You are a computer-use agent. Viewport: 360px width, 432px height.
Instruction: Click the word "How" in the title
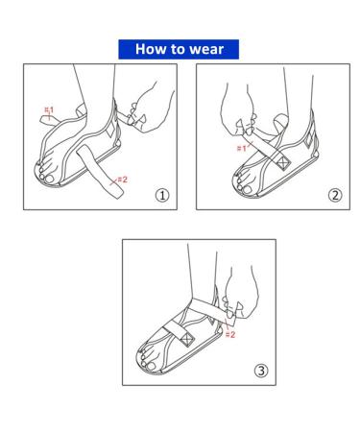[x=152, y=49]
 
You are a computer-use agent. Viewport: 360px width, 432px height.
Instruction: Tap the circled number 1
[x=162, y=195]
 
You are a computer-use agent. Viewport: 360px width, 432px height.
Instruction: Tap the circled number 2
[x=335, y=195]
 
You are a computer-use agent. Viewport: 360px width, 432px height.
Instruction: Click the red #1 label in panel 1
[x=49, y=111]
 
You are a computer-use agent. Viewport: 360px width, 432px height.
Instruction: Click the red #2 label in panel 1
[x=121, y=179]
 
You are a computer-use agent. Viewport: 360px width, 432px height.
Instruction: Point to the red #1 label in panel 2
[x=241, y=149]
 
